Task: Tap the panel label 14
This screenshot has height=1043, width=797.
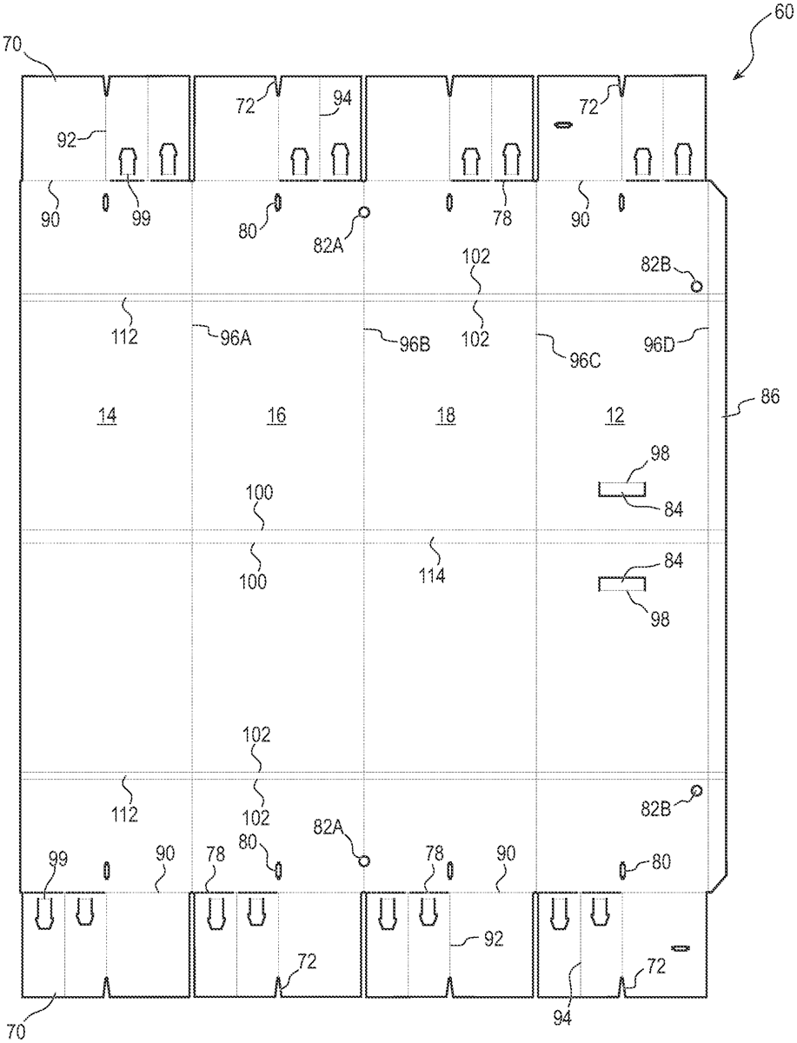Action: [107, 417]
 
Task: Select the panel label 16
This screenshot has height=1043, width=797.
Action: [276, 417]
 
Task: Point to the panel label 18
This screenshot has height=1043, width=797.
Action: [445, 417]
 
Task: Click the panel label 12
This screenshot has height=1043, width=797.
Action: [614, 417]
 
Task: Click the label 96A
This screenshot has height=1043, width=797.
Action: [234, 340]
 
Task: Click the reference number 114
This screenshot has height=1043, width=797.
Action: [432, 575]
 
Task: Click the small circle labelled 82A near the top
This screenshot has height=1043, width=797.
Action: [364, 212]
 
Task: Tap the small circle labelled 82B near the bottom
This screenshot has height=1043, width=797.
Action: [695, 790]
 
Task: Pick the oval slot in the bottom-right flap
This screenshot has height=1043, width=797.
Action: [680, 947]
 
